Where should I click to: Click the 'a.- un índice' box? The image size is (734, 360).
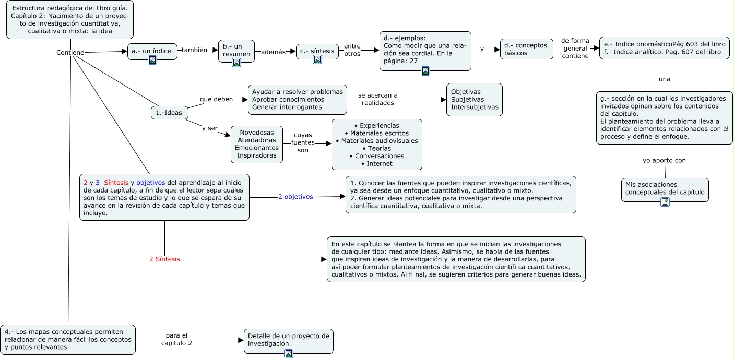[x=152, y=51]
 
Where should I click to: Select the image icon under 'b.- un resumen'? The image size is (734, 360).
[x=236, y=63]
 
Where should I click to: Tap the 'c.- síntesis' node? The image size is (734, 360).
[x=317, y=51]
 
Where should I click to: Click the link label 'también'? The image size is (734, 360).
[x=194, y=50]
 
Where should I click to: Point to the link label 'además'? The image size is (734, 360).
[x=274, y=52]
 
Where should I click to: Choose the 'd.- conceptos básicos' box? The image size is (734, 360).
[x=526, y=49]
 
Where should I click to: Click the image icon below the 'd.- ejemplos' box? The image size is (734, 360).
[x=425, y=71]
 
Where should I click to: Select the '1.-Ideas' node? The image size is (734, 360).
[x=169, y=112]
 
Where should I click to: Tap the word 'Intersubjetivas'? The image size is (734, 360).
[x=475, y=107]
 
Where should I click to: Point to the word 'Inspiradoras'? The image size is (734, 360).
[x=256, y=155]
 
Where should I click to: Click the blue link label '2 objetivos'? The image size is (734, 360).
[x=295, y=197]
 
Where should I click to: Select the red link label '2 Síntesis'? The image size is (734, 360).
[x=164, y=259]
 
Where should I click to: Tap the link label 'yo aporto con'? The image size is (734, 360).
[x=664, y=160]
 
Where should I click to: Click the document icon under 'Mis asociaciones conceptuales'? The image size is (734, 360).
[x=665, y=202]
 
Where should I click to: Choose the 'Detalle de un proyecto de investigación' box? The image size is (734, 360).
[x=288, y=340]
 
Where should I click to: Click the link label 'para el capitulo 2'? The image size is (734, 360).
[x=176, y=339]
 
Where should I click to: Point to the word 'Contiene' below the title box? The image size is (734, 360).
[x=70, y=53]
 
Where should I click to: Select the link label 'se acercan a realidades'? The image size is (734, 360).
[x=377, y=99]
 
